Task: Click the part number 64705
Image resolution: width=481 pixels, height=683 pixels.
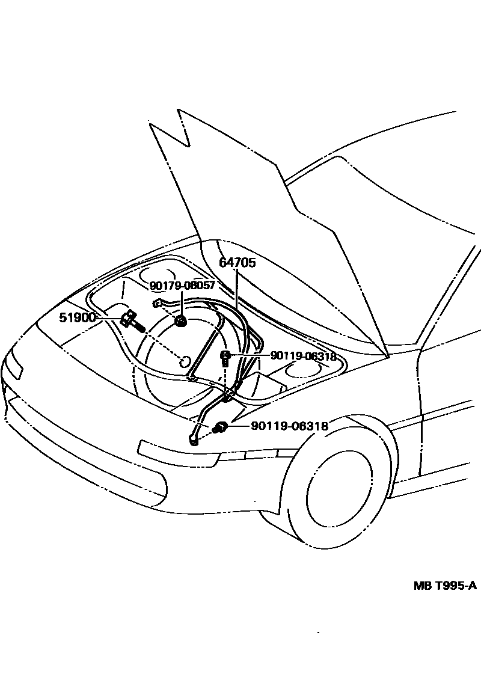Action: click(x=237, y=263)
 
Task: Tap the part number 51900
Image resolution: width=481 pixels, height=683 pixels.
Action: click(x=78, y=317)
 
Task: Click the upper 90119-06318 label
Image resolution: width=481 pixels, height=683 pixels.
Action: click(x=303, y=356)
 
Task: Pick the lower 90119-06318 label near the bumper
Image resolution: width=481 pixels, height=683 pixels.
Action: click(x=289, y=426)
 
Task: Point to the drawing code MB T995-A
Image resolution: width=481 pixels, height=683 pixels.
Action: click(x=444, y=586)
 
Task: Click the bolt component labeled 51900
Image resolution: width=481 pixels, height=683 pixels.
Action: click(x=131, y=320)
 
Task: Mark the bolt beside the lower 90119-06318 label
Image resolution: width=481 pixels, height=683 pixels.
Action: click(x=220, y=427)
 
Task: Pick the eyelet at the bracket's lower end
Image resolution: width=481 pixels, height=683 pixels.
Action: click(x=194, y=442)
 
